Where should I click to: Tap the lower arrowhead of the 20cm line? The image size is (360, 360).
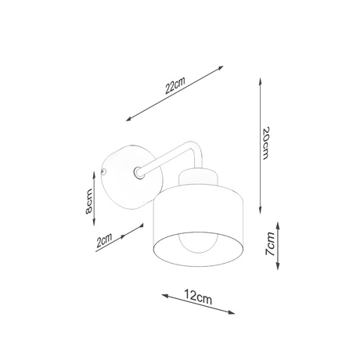pos(260,205)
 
